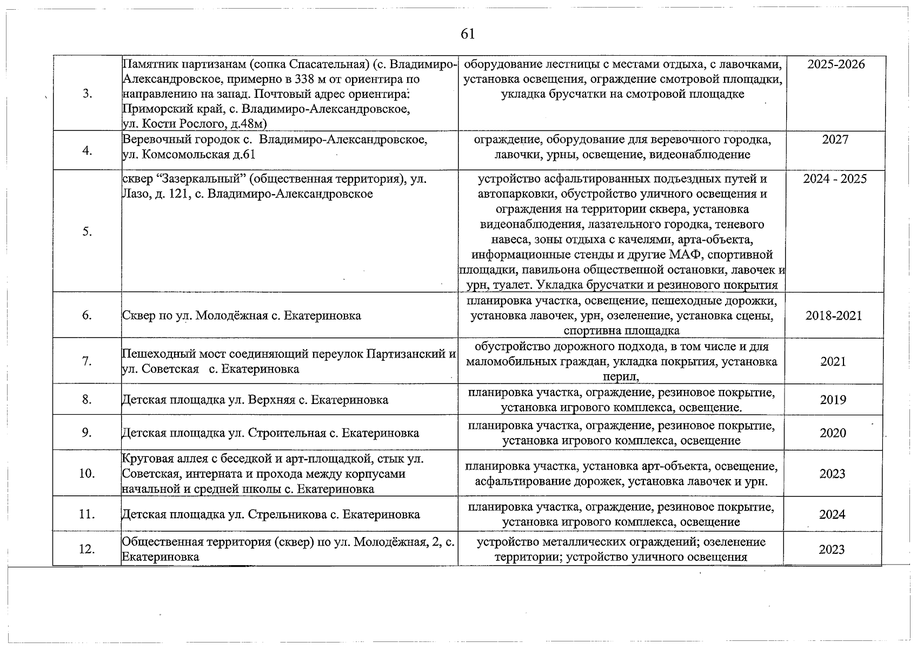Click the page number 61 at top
pos(468,34)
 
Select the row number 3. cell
pos(88,94)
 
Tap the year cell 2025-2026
pos(836,64)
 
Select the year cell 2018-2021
pos(834,316)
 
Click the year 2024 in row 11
pos(832,515)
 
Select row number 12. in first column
pos(87,549)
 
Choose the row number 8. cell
pos(87,400)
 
